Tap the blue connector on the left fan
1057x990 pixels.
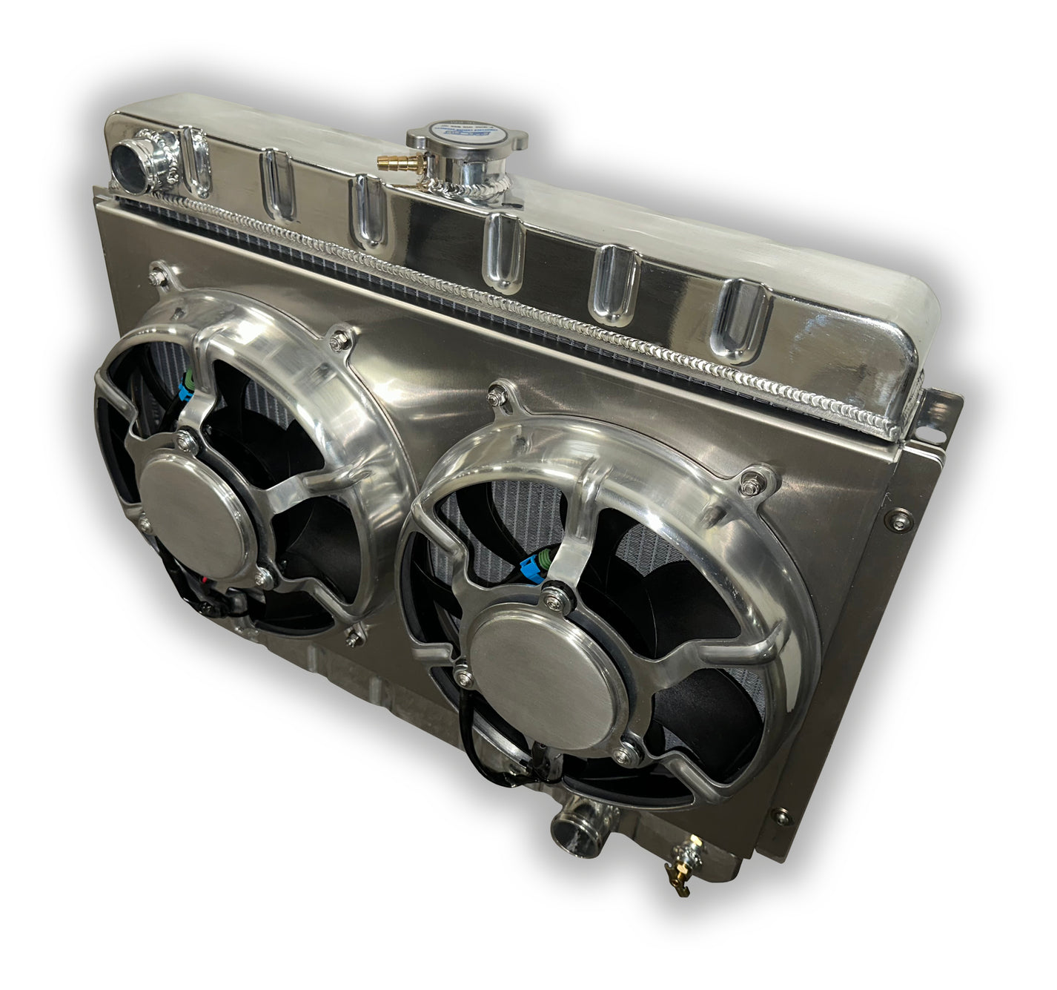187,385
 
